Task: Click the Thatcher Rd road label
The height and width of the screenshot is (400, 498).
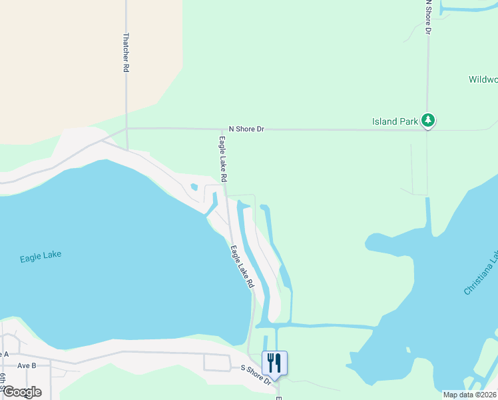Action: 125,53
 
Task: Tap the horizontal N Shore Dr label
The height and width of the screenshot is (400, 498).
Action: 246,129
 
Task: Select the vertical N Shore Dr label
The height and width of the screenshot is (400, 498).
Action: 429,17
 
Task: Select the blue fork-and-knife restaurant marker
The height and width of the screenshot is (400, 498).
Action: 274,364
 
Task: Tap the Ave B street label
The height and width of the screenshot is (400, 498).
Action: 27,365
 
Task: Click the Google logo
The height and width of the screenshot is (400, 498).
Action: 21,392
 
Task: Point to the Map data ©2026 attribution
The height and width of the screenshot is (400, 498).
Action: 469,395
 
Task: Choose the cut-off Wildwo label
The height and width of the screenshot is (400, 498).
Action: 483,79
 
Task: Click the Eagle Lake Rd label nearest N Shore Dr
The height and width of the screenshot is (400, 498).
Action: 222,159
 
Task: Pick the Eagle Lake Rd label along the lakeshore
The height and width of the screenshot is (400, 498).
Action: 242,267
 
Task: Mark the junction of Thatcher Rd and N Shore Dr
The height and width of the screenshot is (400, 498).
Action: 126,129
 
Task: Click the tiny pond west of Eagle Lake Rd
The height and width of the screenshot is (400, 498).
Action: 194,187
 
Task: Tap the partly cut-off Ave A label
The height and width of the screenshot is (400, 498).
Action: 4,354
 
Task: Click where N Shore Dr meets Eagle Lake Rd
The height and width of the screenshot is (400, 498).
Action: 223,129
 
